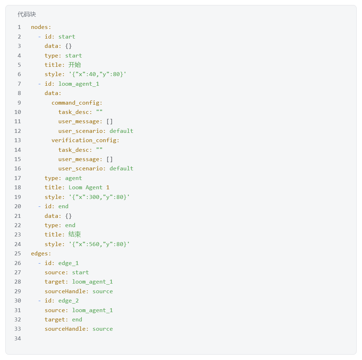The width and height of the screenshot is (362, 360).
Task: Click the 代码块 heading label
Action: click(x=27, y=14)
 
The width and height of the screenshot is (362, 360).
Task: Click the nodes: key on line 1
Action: click(x=41, y=27)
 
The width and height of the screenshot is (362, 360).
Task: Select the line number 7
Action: click(x=19, y=84)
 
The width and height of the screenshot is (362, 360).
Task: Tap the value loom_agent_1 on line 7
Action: click(x=79, y=84)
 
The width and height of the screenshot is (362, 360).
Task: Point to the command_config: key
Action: click(x=77, y=103)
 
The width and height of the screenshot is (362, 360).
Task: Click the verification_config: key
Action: click(x=85, y=140)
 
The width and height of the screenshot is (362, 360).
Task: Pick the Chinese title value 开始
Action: click(x=75, y=65)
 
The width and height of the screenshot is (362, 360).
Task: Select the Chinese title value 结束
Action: click(x=75, y=234)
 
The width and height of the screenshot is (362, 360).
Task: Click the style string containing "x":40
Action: click(x=97, y=74)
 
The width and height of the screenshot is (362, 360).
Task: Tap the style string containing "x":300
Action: click(x=99, y=197)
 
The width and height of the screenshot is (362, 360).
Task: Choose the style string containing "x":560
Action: click(x=99, y=244)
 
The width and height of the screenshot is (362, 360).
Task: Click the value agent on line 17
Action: click(x=74, y=178)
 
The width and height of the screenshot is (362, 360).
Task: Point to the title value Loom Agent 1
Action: click(x=89, y=187)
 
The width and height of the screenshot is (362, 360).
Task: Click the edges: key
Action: click(x=41, y=254)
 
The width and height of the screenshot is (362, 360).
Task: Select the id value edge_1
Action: click(x=69, y=263)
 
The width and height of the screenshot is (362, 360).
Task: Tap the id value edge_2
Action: click(x=69, y=301)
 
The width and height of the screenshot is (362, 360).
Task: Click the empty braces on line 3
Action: click(x=69, y=46)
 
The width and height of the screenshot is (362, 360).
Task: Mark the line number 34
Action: click(x=17, y=338)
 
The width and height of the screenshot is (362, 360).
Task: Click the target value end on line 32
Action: click(x=77, y=320)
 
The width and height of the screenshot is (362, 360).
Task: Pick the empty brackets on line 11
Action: click(x=110, y=121)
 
